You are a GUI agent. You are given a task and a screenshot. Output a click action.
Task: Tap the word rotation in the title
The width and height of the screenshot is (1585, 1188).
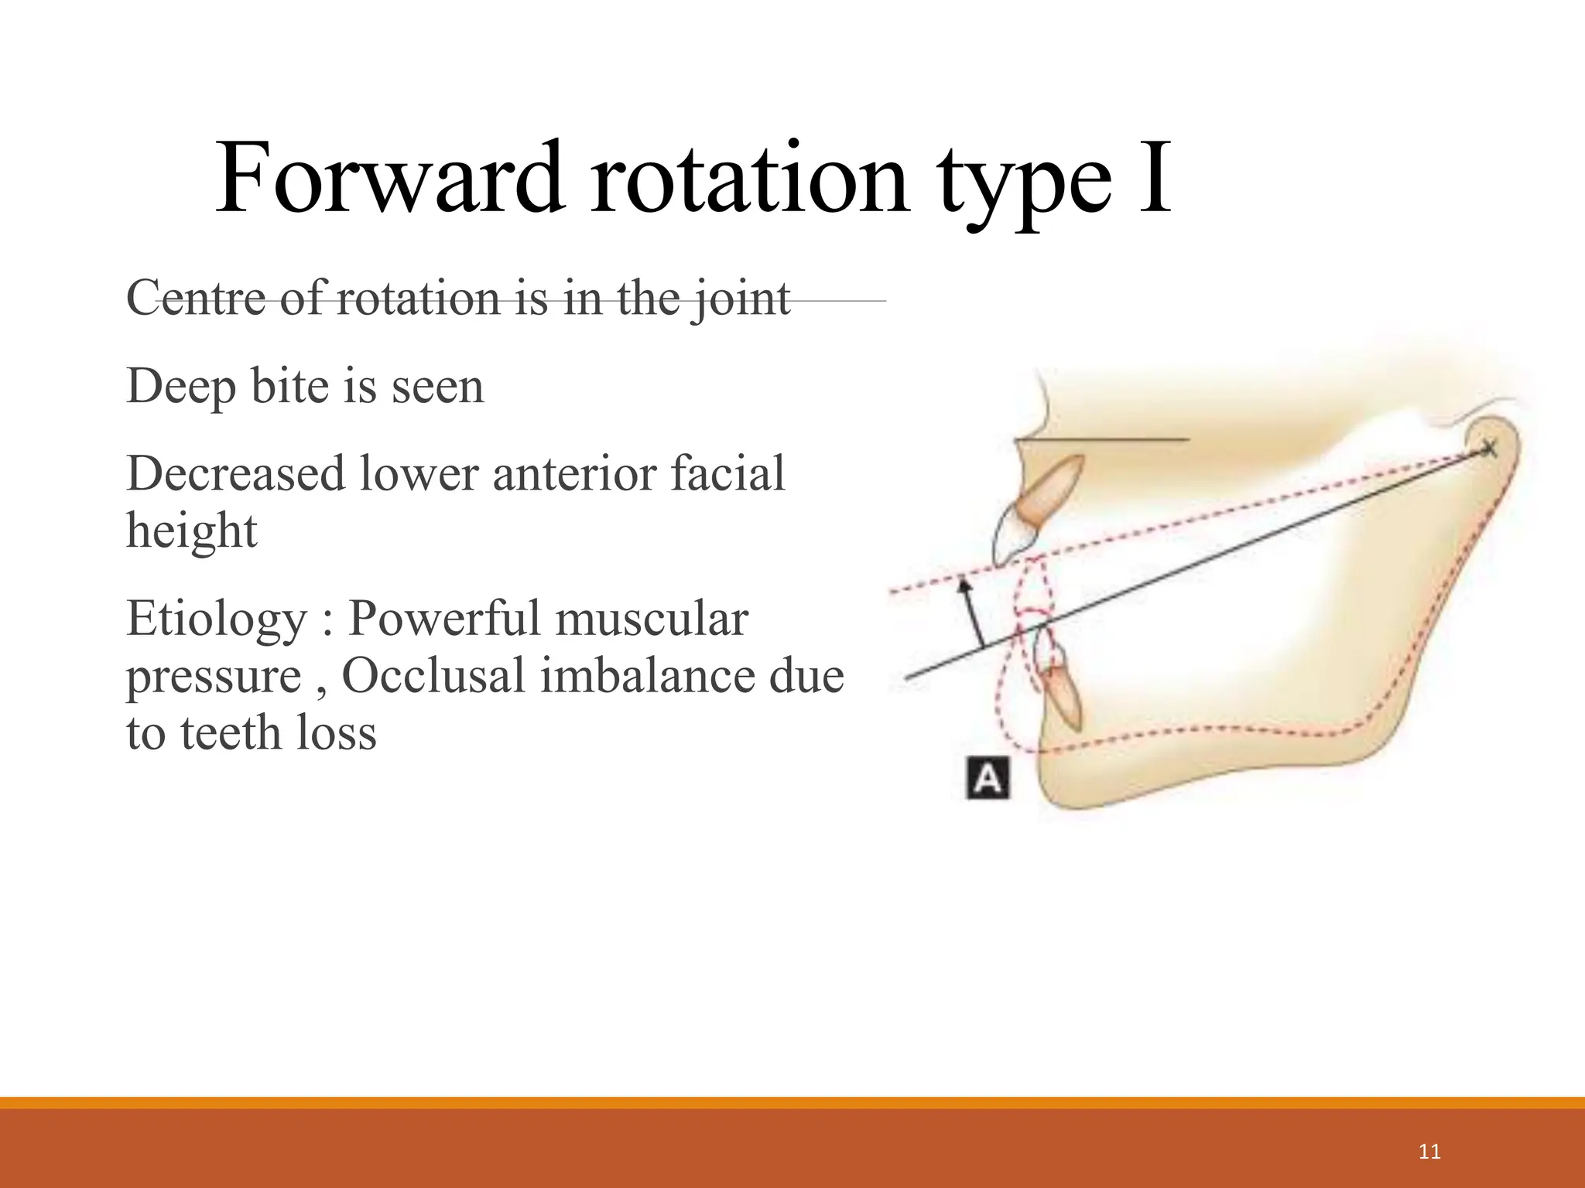pos(749,179)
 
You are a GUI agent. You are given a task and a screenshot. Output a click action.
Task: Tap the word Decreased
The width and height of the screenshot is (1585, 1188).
pos(235,473)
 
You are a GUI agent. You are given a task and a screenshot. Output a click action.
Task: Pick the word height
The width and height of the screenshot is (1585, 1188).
pos(191,531)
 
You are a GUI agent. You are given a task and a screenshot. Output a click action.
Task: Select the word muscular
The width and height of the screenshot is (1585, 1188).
pos(651,619)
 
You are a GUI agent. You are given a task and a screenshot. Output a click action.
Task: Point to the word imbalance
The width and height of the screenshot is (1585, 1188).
pos(646,676)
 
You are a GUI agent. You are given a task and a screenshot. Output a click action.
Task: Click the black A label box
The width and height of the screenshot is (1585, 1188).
pos(988,779)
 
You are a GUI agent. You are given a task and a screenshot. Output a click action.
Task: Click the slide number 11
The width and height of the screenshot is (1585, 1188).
pos(1429,1152)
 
